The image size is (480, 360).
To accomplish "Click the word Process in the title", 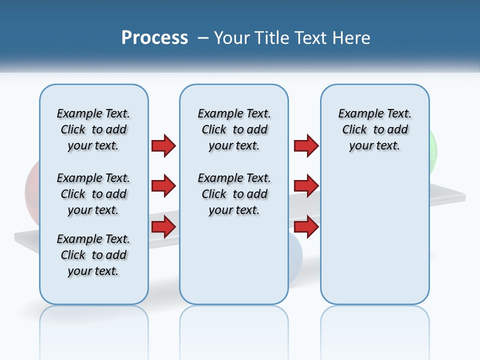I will pyautogui.click(x=154, y=38).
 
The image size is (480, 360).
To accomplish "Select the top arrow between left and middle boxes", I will pyautogui.click(x=163, y=145).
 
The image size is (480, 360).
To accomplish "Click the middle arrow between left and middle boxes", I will pyautogui.click(x=163, y=186).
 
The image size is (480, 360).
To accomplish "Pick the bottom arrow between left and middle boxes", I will pyautogui.click(x=163, y=227).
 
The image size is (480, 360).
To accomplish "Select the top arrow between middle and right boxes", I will pyautogui.click(x=306, y=145).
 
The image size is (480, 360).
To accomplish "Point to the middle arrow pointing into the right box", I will pyautogui.click(x=306, y=186).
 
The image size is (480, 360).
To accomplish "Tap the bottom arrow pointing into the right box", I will pyautogui.click(x=306, y=227).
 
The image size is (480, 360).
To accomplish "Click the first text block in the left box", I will pyautogui.click(x=93, y=129).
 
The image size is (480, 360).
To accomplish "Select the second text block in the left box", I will pyautogui.click(x=93, y=194).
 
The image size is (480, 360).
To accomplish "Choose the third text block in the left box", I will pyautogui.click(x=93, y=255).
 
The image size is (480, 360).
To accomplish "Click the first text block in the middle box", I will pyautogui.click(x=234, y=129).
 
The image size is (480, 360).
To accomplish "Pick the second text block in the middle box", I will pyautogui.click(x=234, y=194).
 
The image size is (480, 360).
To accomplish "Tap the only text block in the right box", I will pyautogui.click(x=374, y=129).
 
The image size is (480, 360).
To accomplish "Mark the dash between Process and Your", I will pyautogui.click(x=203, y=38).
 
